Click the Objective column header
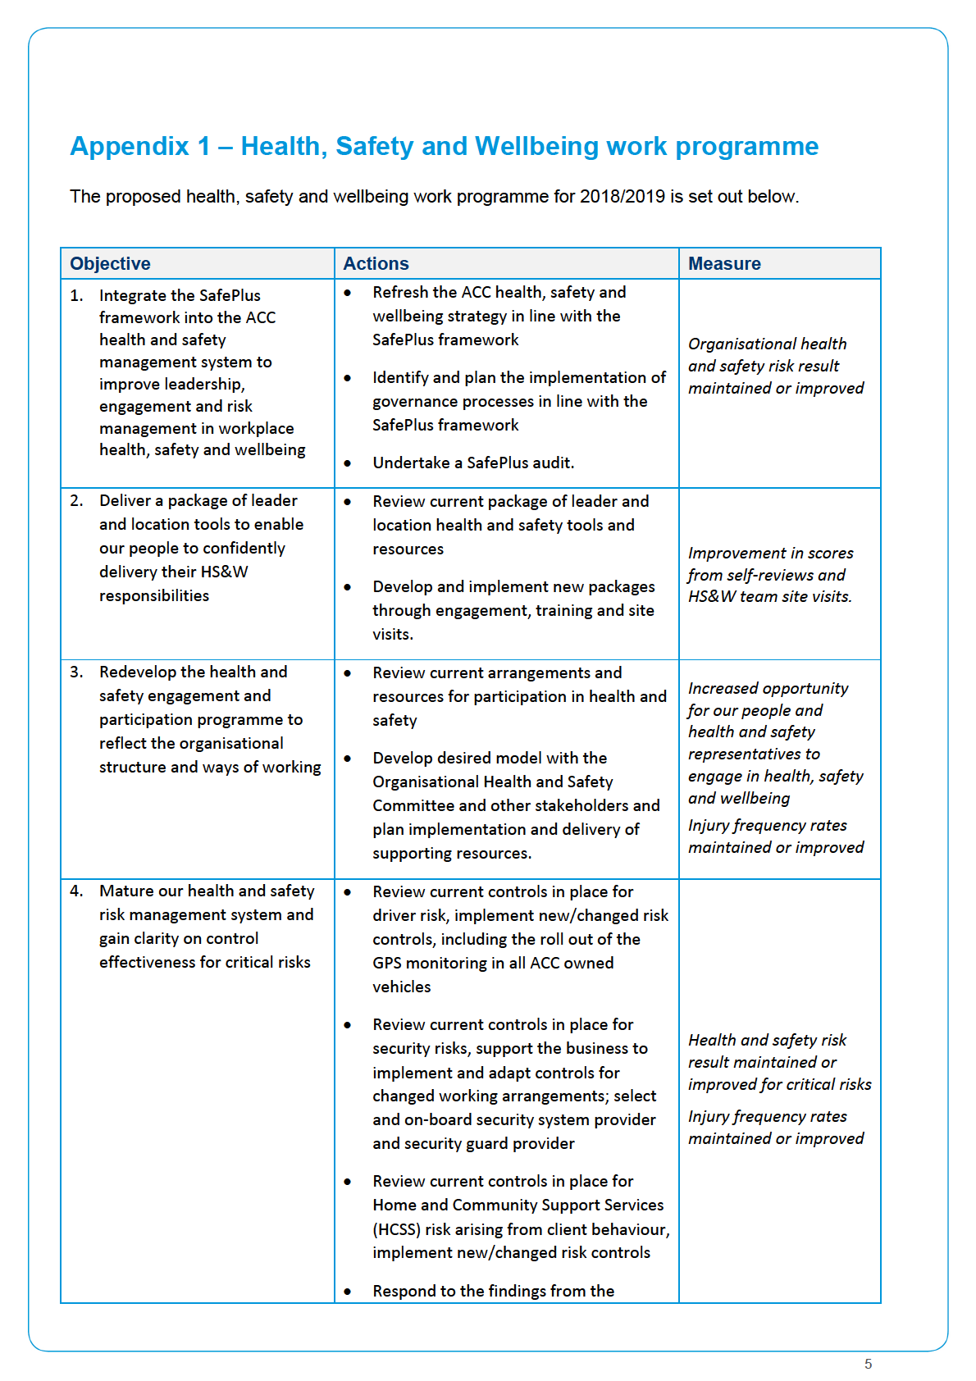pyautogui.click(x=110, y=264)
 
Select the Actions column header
pyautogui.click(x=376, y=264)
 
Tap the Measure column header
pyautogui.click(x=724, y=264)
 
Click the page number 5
pyautogui.click(x=868, y=1364)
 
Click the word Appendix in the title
pyautogui.click(x=130, y=146)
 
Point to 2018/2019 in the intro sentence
pyautogui.click(x=622, y=197)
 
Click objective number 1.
pyautogui.click(x=76, y=295)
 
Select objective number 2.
pyautogui.click(x=76, y=500)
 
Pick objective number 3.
pyautogui.click(x=76, y=672)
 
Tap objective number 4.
pyautogui.click(x=76, y=891)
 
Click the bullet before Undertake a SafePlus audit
pyautogui.click(x=348, y=463)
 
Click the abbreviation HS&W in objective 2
pyautogui.click(x=224, y=572)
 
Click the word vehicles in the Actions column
pyautogui.click(x=401, y=987)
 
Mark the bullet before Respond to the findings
pyautogui.click(x=348, y=1292)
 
